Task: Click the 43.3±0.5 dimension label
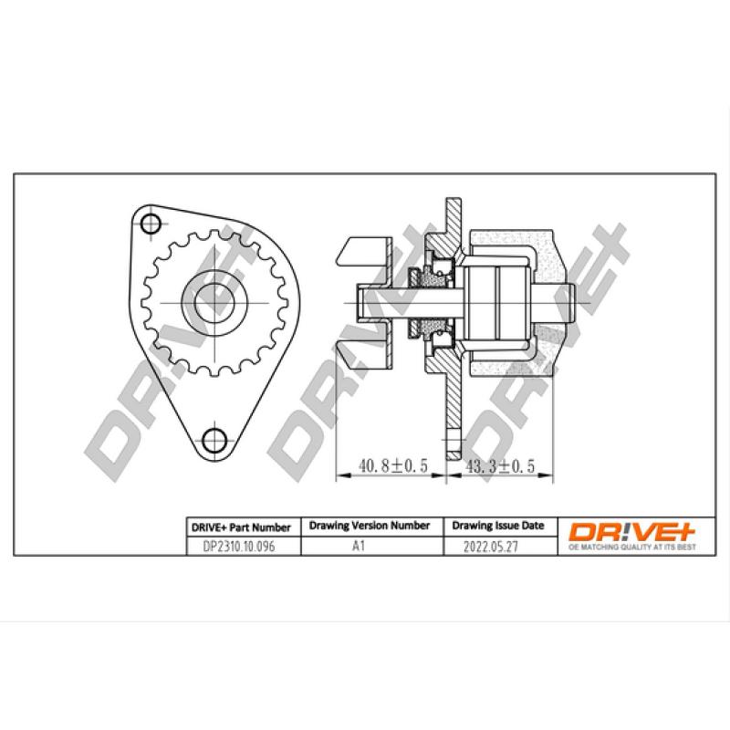click(501, 465)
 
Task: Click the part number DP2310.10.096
click(231, 547)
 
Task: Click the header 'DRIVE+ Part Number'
click(240, 527)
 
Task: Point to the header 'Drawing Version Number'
click(370, 527)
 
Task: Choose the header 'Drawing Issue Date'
click(497, 527)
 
